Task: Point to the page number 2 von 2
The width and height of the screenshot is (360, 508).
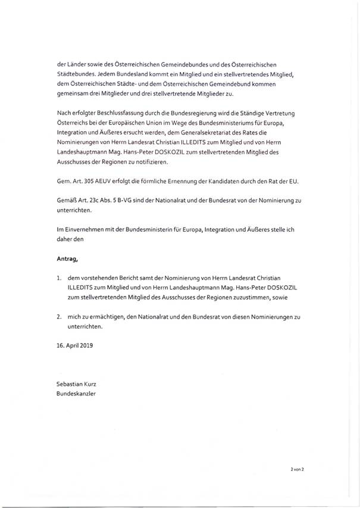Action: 297,470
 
